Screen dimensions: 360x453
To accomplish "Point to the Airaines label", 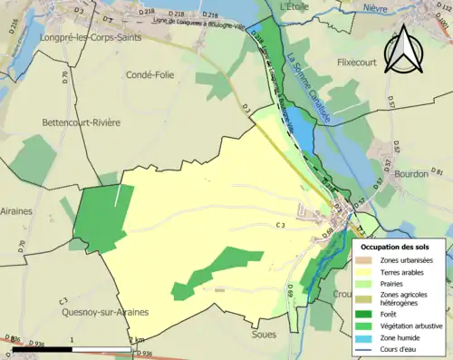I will pyautogui.click(x=16, y=210).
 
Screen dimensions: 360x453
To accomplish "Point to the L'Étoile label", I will pyautogui.click(x=295, y=6).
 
